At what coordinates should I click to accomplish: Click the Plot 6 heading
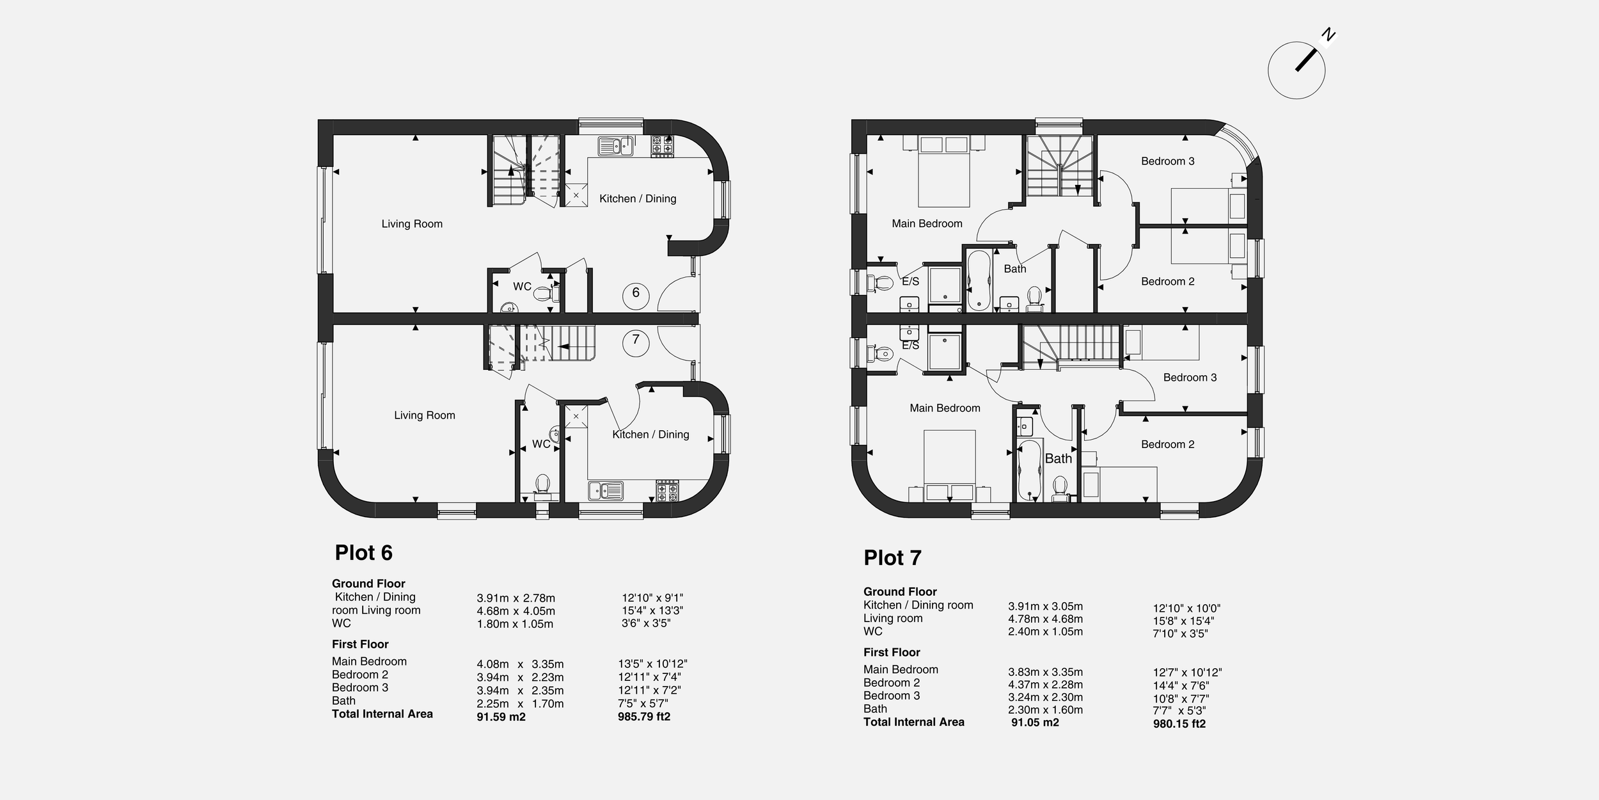click(363, 553)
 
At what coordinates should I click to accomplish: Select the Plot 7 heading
click(892, 558)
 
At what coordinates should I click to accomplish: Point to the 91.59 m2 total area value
click(501, 717)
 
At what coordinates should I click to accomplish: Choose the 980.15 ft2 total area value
click(1179, 724)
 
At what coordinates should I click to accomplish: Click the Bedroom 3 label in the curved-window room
click(1167, 161)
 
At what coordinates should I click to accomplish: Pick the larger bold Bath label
click(1058, 458)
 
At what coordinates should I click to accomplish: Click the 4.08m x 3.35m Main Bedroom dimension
click(520, 664)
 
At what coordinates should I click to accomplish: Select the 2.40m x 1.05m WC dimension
click(1045, 632)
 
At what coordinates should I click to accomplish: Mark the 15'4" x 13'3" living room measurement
click(652, 611)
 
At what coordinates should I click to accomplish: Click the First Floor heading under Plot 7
click(892, 652)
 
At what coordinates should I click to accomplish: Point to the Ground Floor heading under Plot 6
click(368, 584)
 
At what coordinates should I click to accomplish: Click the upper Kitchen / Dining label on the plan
click(638, 198)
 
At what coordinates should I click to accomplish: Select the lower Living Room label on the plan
click(425, 415)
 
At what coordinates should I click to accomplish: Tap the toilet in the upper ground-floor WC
click(544, 294)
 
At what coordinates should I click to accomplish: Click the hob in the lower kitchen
click(667, 491)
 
